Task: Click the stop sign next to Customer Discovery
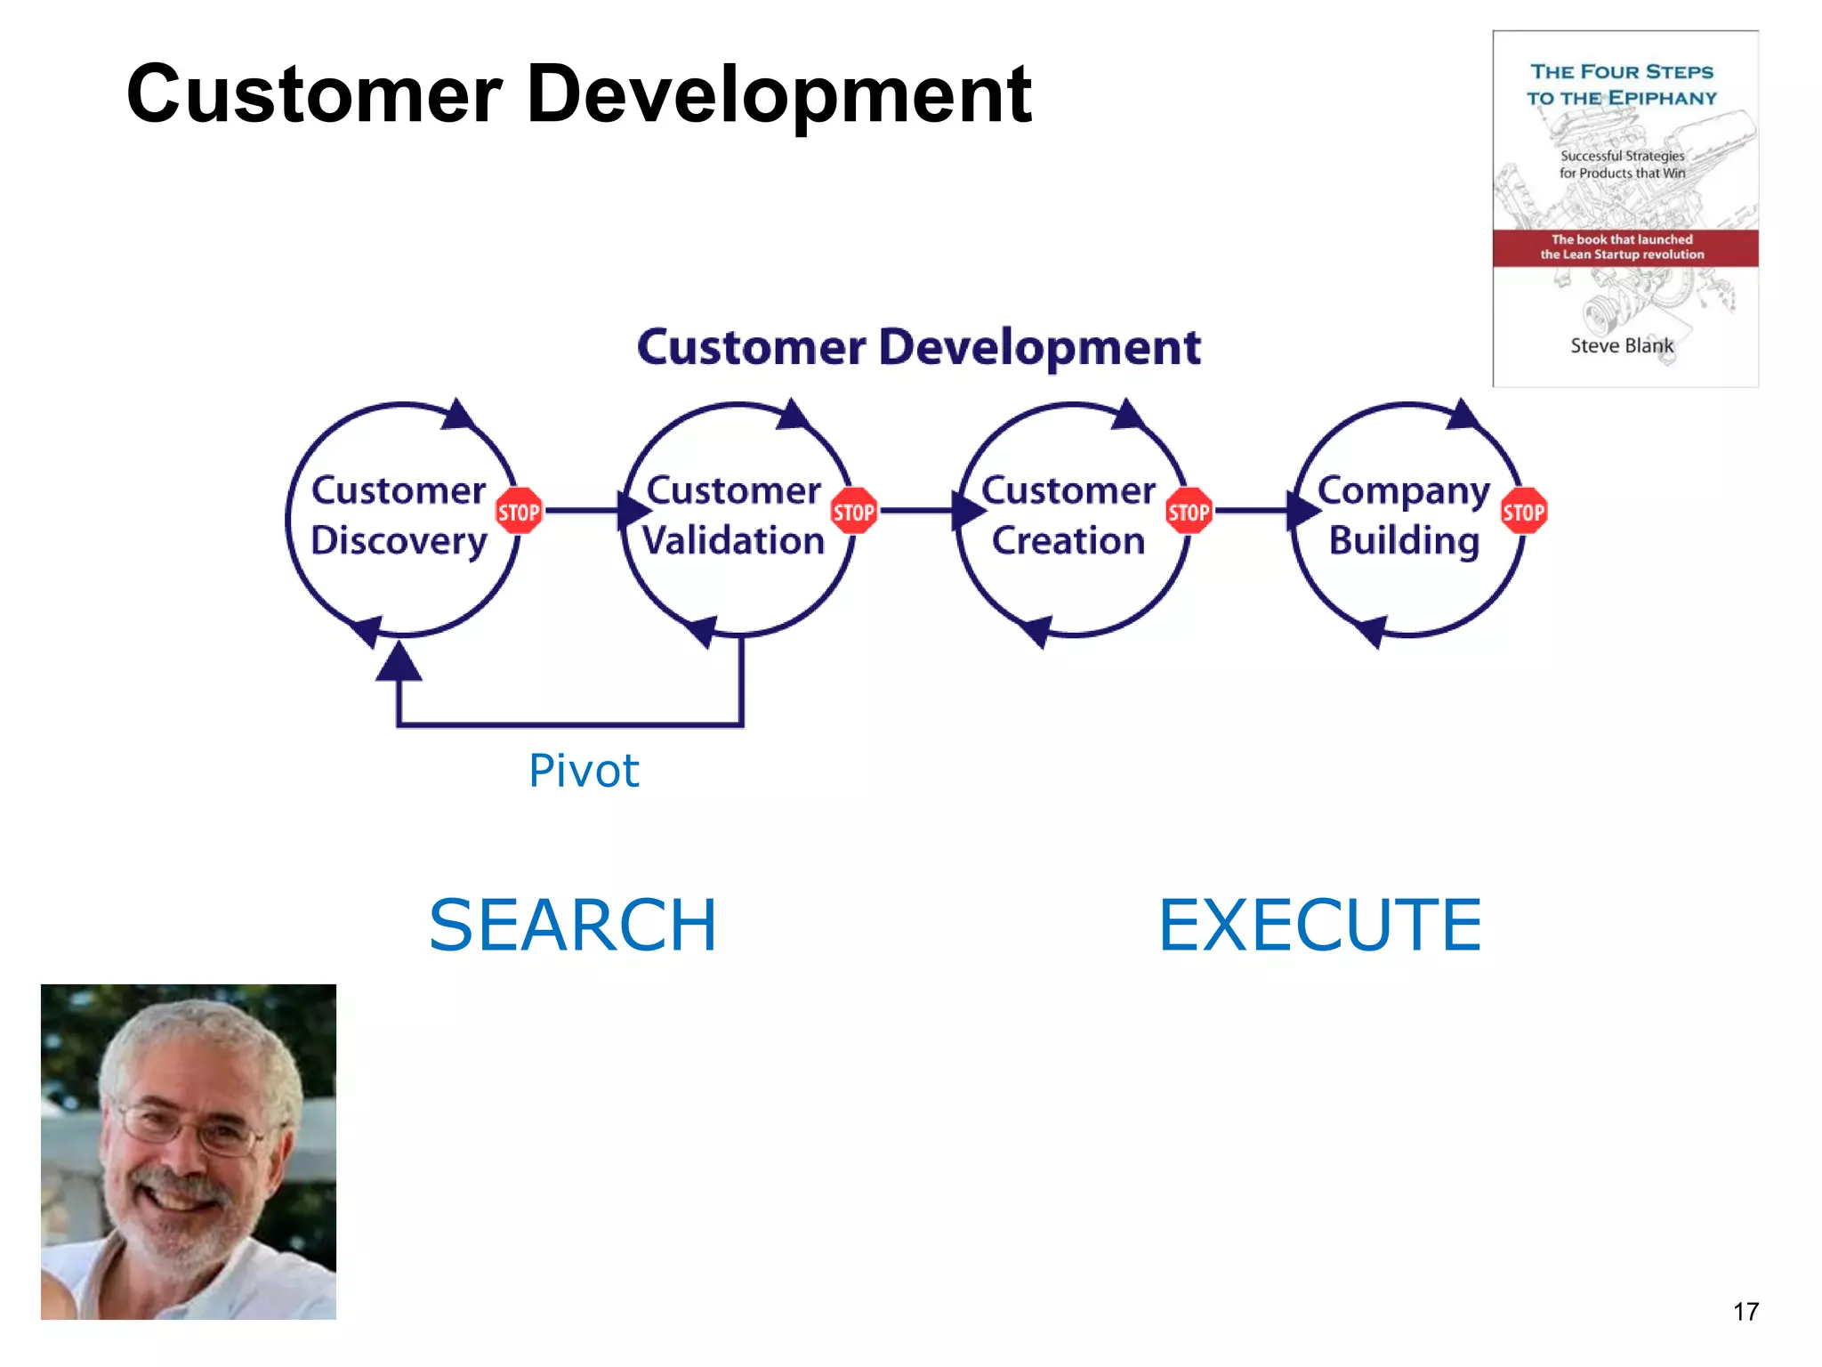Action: tap(519, 511)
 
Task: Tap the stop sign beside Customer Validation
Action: tap(853, 511)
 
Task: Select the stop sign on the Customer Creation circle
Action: tap(1189, 511)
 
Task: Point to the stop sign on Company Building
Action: tap(1523, 511)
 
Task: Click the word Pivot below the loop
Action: tap(584, 771)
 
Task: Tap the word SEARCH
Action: tap(572, 926)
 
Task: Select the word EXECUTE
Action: tap(1319, 926)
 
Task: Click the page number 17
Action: tap(1745, 1311)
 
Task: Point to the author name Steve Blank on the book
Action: tap(1621, 345)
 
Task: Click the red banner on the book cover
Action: tap(1624, 247)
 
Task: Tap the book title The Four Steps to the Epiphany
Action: tap(1621, 85)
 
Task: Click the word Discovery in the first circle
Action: tap(399, 541)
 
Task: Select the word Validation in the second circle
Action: tap(734, 541)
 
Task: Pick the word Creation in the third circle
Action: tap(1068, 541)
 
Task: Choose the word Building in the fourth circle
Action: tap(1404, 541)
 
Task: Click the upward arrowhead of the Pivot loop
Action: tap(399, 664)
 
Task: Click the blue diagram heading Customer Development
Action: tap(918, 347)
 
